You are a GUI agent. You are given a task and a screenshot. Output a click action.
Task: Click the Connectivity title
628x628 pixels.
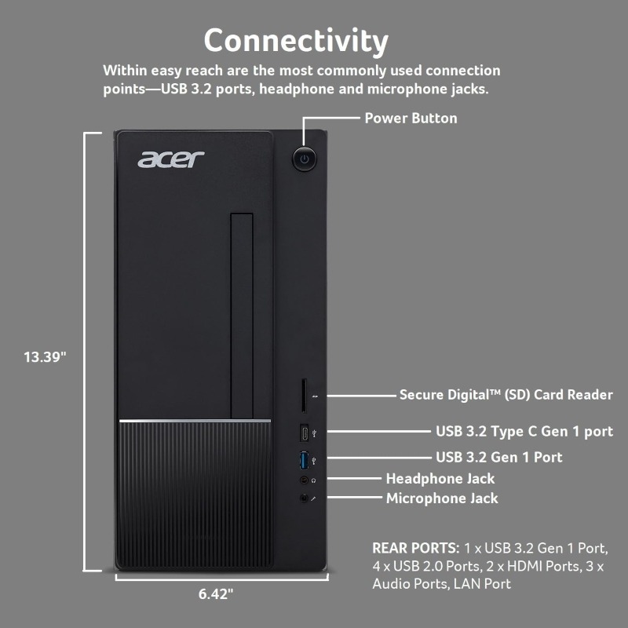tap(296, 41)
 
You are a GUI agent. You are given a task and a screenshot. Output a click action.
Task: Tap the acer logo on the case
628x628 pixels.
tap(170, 159)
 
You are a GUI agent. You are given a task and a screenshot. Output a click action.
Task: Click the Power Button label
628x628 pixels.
tap(411, 119)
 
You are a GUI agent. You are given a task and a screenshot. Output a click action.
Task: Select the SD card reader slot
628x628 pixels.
tap(304, 396)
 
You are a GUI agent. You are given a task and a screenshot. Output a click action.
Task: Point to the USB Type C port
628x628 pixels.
tap(305, 433)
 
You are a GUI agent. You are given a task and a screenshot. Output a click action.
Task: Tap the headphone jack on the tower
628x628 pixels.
tap(305, 480)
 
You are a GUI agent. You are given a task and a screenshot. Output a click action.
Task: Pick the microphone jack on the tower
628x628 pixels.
tap(305, 498)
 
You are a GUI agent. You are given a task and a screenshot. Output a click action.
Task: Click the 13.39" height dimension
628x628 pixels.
tap(45, 357)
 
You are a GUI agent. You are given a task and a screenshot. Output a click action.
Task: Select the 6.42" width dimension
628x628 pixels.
tap(215, 594)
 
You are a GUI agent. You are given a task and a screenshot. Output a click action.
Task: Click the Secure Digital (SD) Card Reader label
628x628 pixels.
tap(506, 395)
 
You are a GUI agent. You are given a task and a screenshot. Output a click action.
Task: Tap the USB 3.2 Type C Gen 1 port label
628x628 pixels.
tap(524, 431)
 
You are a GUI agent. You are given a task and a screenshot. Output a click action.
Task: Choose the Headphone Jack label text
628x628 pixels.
tap(440, 479)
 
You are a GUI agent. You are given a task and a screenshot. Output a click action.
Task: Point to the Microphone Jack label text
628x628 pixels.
tap(442, 498)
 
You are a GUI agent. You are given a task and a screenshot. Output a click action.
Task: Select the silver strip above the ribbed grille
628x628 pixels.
tap(195, 421)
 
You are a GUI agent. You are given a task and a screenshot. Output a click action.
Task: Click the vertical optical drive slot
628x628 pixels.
tap(242, 316)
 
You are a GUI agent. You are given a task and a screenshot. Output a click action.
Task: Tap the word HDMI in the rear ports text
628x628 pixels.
tap(520, 566)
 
